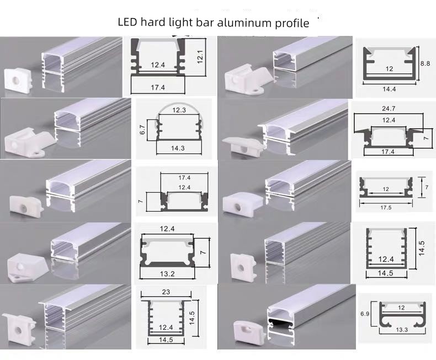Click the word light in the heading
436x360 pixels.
pos(181,23)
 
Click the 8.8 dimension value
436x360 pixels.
pos(426,63)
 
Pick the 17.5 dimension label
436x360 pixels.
pos(385,207)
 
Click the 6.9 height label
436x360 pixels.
pos(365,314)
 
